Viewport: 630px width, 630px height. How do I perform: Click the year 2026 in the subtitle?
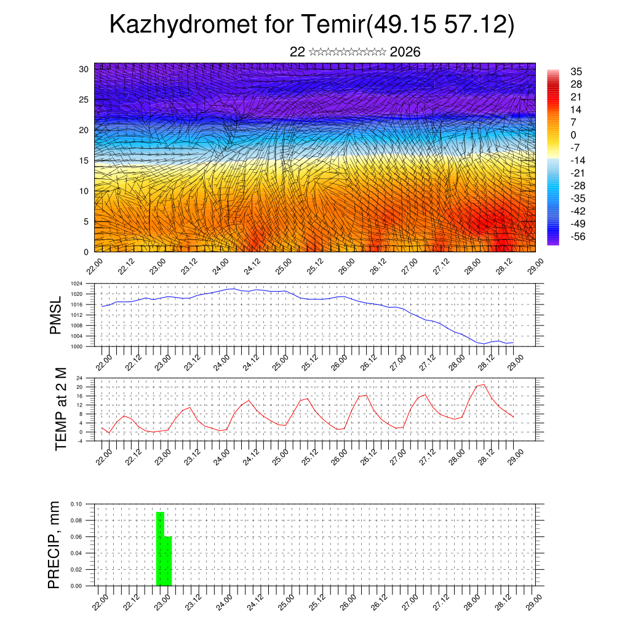click(405, 52)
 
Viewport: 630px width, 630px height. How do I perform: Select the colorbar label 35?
click(576, 71)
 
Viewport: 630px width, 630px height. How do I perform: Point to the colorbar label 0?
click(573, 135)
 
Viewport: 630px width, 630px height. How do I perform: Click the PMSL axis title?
click(56, 316)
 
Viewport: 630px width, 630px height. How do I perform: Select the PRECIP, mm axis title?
click(55, 545)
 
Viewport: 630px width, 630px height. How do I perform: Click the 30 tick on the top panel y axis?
click(84, 69)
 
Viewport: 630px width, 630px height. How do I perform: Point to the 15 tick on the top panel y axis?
click(84, 161)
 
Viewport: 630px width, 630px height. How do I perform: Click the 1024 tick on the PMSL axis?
click(76, 284)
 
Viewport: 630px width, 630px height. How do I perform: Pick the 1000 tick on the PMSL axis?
click(76, 346)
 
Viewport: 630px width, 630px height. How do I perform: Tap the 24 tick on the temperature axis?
click(79, 378)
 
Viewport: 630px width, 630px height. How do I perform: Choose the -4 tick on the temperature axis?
click(79, 441)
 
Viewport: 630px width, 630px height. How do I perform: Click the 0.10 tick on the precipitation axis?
click(75, 504)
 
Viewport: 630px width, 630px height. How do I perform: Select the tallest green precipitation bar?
click(160, 548)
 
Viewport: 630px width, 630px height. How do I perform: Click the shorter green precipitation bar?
click(168, 560)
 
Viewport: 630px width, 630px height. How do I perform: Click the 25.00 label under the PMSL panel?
click(280, 364)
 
